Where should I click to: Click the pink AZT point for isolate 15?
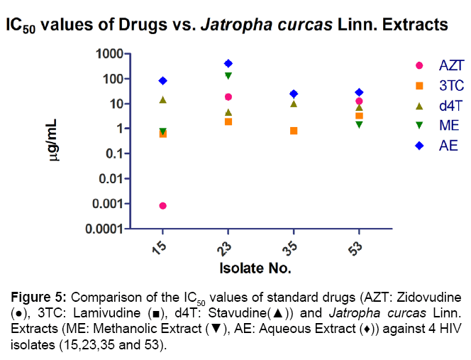point(163,206)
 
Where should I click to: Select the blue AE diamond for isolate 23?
point(228,63)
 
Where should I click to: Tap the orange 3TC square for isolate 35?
point(294,131)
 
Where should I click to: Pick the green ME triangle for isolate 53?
point(359,124)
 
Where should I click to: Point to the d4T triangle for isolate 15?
point(163,100)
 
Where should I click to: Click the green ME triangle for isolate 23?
point(228,75)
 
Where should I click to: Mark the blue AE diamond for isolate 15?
point(163,81)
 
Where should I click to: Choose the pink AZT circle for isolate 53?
point(359,102)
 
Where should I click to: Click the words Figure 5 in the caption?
point(34,295)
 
